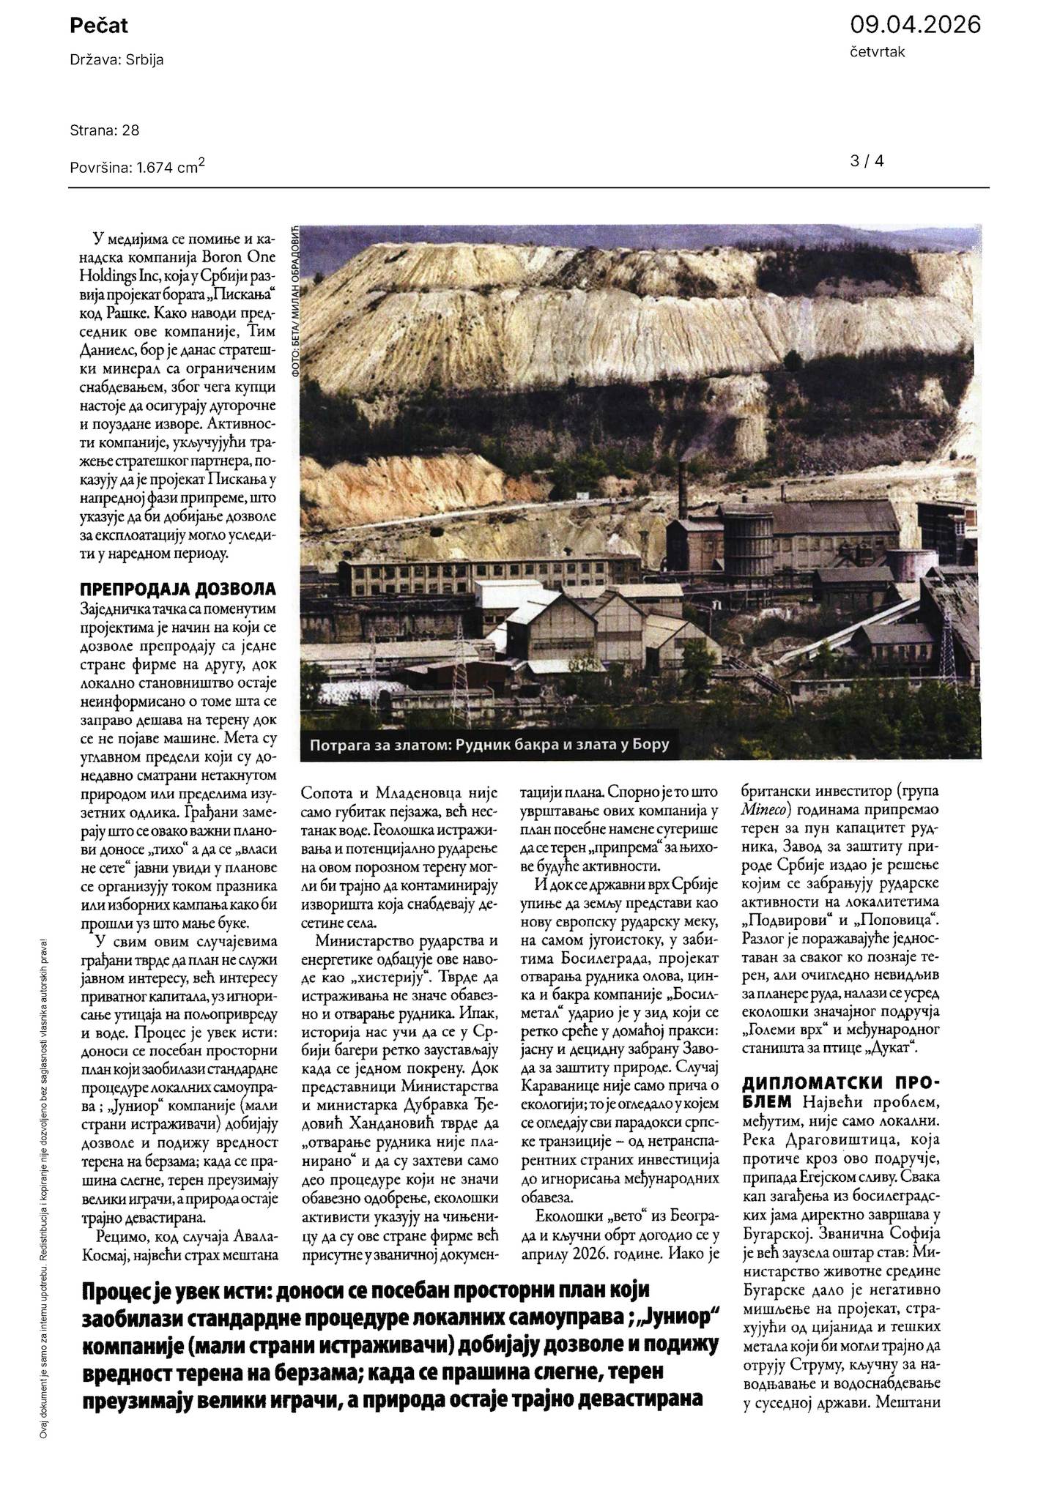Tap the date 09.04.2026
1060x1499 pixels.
click(x=915, y=25)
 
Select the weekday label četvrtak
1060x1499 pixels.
click(x=877, y=52)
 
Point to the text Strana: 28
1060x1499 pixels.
click(x=105, y=130)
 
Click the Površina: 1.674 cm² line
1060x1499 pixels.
click(x=137, y=167)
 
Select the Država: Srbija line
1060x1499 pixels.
click(x=116, y=60)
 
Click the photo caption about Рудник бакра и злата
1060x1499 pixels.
click(x=489, y=746)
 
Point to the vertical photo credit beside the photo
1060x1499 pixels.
click(x=295, y=301)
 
